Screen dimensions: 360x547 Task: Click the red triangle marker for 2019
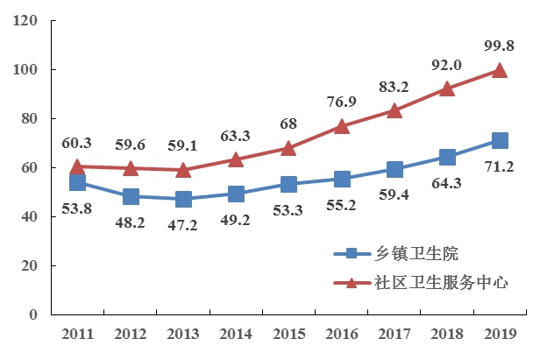click(500, 70)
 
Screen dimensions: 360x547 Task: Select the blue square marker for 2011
click(77, 182)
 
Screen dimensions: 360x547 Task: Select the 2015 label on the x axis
click(288, 334)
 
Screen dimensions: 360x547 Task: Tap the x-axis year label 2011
click(77, 334)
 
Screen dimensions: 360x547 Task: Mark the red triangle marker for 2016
click(342, 126)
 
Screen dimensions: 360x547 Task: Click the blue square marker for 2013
click(183, 199)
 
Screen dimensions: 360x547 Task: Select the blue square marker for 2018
click(447, 157)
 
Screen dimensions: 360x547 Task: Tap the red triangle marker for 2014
click(236, 159)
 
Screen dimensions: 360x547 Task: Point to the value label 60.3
click(77, 141)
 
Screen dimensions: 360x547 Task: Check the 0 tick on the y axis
click(35, 314)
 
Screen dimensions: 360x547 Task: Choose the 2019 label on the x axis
click(500, 334)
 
